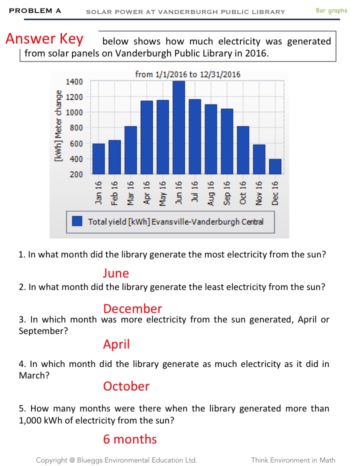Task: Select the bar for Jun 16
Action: (178, 127)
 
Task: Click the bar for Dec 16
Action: (275, 166)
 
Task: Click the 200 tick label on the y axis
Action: (76, 174)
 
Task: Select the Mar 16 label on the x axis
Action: (131, 192)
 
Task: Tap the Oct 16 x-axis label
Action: (243, 192)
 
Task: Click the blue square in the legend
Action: (77, 221)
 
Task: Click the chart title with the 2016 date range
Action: (187, 74)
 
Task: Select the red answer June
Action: (116, 273)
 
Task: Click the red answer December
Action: (132, 308)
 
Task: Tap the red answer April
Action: (116, 344)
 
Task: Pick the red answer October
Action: (126, 386)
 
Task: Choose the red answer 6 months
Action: (130, 439)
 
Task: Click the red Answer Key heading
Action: (44, 39)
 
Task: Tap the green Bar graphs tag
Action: (331, 10)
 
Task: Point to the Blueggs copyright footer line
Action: (116, 460)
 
